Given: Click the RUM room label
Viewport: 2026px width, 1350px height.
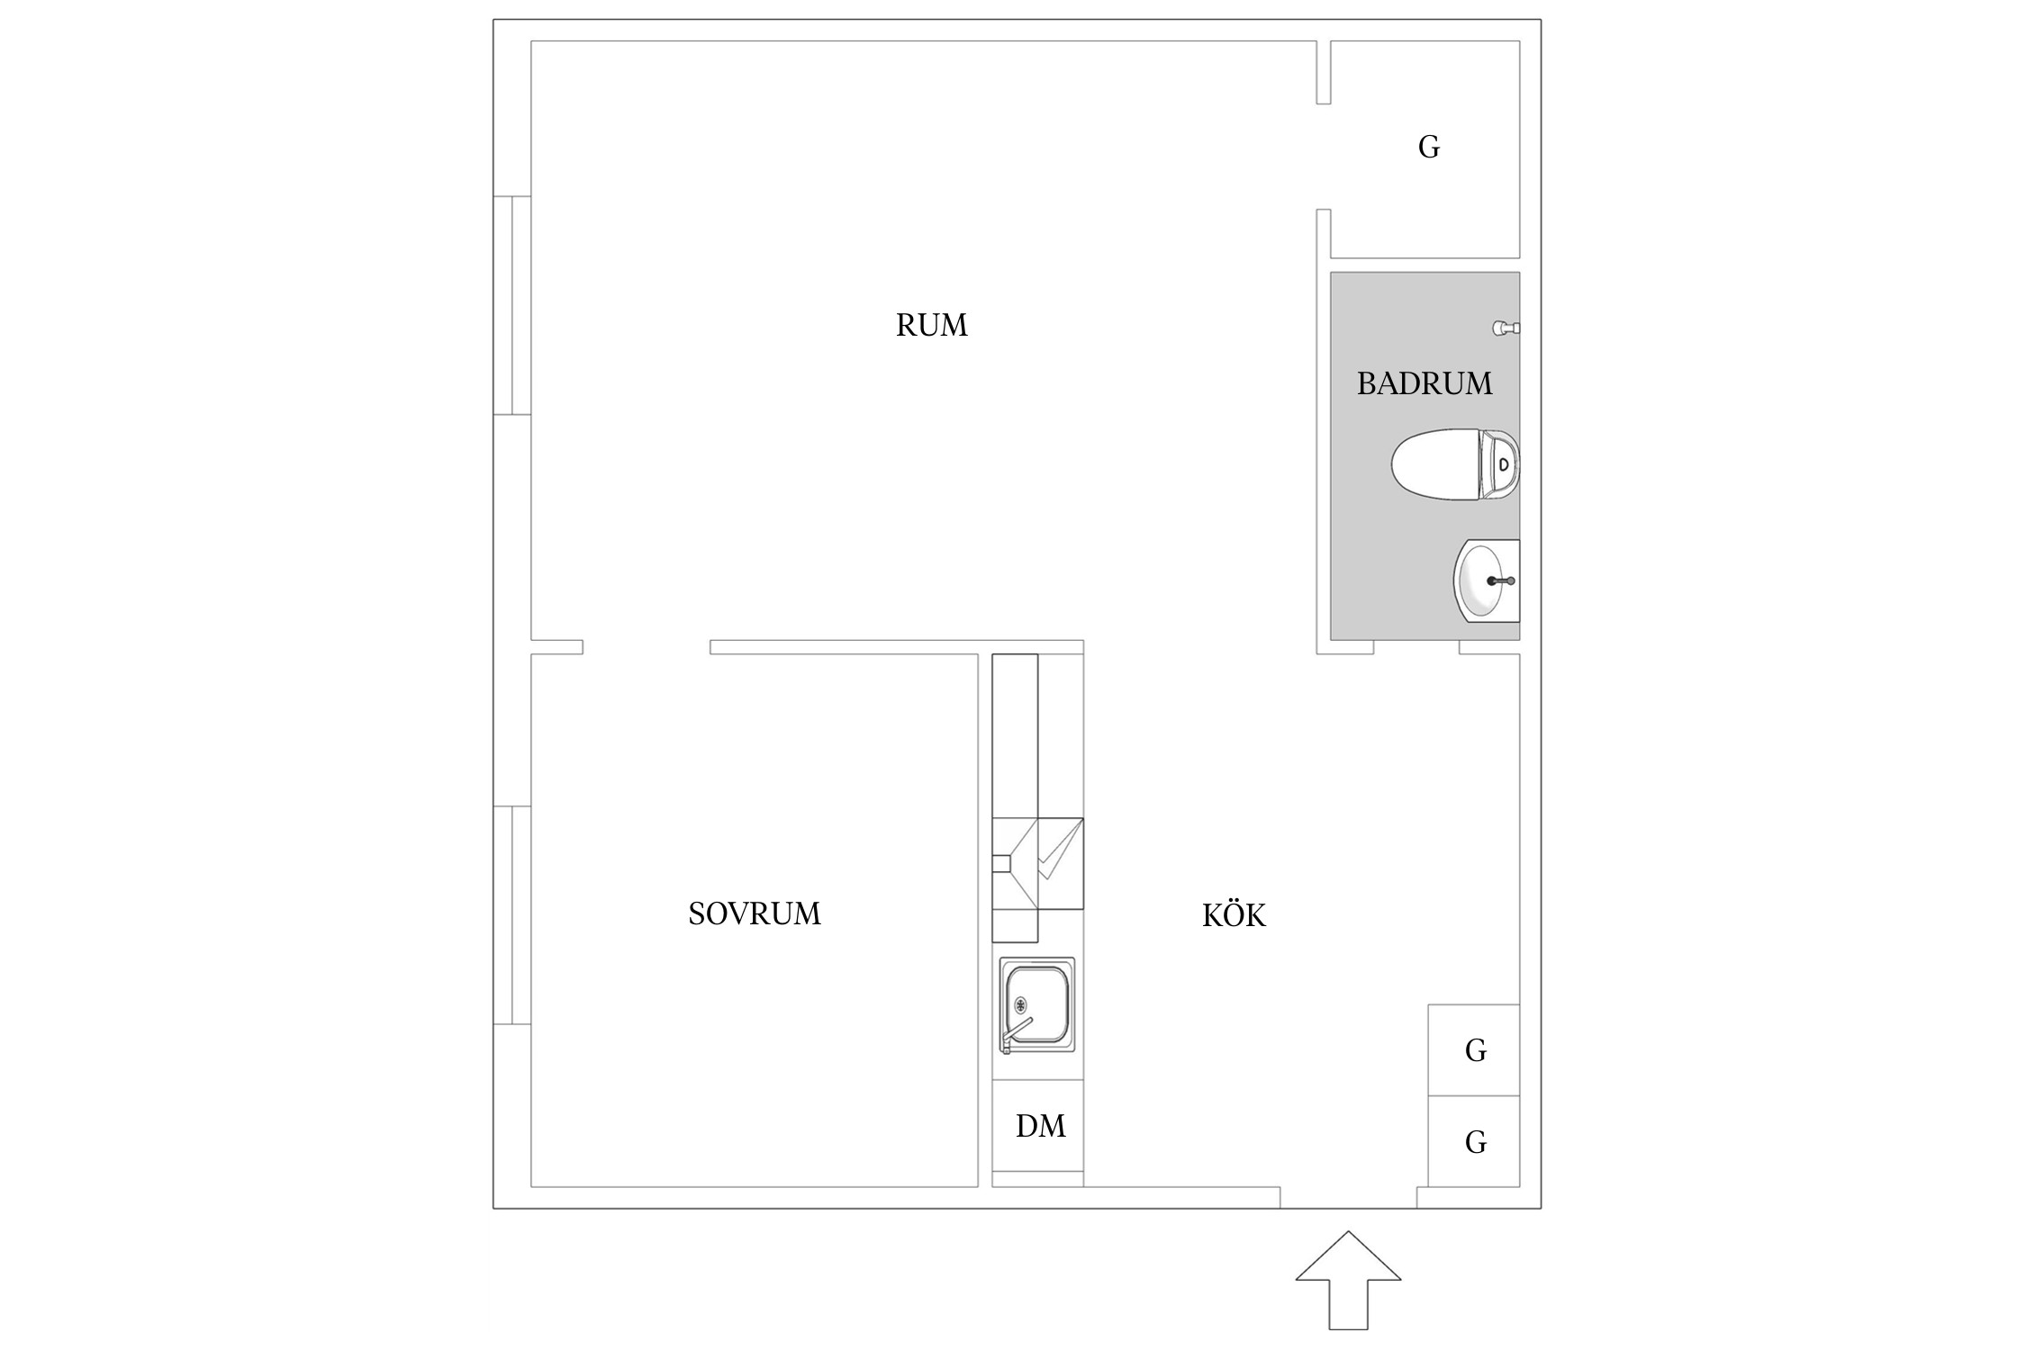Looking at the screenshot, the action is [x=931, y=325].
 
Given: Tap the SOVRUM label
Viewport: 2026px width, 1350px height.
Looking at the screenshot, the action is [x=755, y=914].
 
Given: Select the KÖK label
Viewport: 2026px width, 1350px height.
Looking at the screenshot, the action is [x=1234, y=914].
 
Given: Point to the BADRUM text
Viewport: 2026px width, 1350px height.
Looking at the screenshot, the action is [x=1425, y=384].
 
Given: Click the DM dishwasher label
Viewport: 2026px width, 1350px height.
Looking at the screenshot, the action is [x=1040, y=1126].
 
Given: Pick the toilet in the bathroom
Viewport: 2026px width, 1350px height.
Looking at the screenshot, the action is [x=1455, y=464].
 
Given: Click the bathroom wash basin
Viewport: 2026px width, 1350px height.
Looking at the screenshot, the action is [x=1487, y=580].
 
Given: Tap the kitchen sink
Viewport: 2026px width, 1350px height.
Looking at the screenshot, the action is [x=1037, y=1004].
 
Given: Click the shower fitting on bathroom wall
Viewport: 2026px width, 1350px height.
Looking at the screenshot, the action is [x=1506, y=328].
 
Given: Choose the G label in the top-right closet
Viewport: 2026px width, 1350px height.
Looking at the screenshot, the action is [x=1429, y=147].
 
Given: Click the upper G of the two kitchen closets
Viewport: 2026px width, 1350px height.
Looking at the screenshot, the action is [x=1475, y=1049].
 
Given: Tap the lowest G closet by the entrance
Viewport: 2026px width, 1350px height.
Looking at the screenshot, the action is [x=1475, y=1142].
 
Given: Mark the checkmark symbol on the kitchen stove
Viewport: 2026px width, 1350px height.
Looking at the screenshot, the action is [x=1059, y=850].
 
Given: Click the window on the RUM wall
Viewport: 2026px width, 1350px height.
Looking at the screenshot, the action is [x=512, y=305].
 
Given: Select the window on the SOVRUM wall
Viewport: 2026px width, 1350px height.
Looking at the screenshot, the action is [x=512, y=915].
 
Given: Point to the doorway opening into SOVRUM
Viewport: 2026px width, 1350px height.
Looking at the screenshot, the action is [x=647, y=647].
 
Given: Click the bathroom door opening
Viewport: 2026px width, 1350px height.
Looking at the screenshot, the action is [x=1416, y=647].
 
